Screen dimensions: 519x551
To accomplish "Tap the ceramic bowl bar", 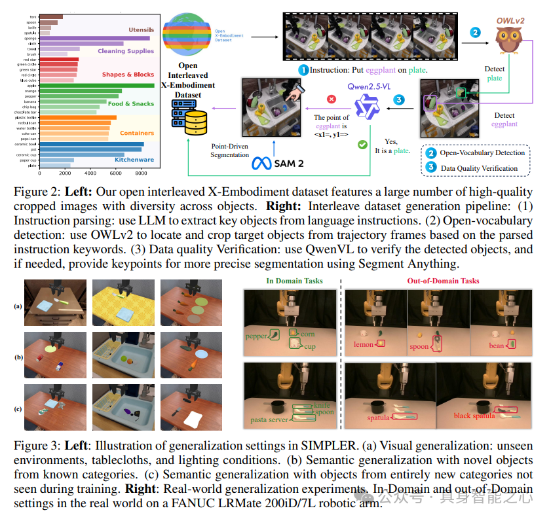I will (92, 144).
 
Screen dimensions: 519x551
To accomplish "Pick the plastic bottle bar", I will (78, 118).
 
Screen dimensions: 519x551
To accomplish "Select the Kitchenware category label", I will (134, 159).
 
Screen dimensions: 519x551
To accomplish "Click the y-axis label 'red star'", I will (29, 60).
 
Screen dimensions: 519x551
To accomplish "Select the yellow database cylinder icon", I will (196, 124).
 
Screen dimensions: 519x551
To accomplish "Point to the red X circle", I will (332, 99).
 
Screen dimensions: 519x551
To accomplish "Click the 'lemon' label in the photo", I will (364, 344).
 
